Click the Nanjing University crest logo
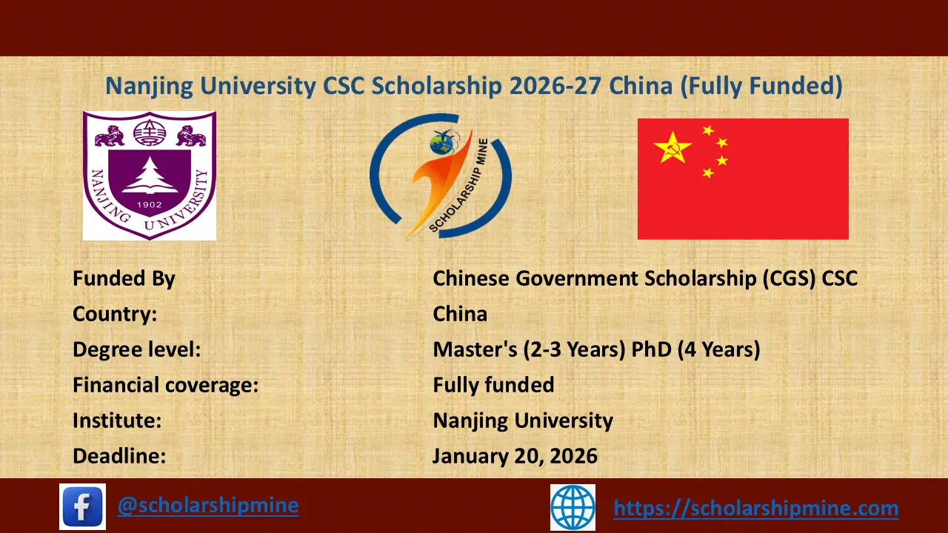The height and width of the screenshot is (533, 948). click(149, 175)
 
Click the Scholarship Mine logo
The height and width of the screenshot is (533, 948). click(440, 176)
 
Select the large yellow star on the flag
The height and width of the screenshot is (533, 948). click(672, 147)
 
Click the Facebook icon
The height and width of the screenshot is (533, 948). click(82, 506)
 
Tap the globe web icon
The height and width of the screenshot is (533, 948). click(573, 507)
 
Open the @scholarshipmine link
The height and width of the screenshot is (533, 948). click(208, 505)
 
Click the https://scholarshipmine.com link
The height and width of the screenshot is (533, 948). click(756, 508)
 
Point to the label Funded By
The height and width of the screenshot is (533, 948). click(124, 278)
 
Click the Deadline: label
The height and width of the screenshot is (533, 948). click(119, 456)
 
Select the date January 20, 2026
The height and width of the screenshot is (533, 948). click(515, 456)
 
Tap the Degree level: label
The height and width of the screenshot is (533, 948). click(136, 349)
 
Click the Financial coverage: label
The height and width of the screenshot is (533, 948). click(165, 385)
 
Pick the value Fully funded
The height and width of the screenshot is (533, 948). click(493, 385)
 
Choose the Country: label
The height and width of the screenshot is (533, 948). click(115, 314)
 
